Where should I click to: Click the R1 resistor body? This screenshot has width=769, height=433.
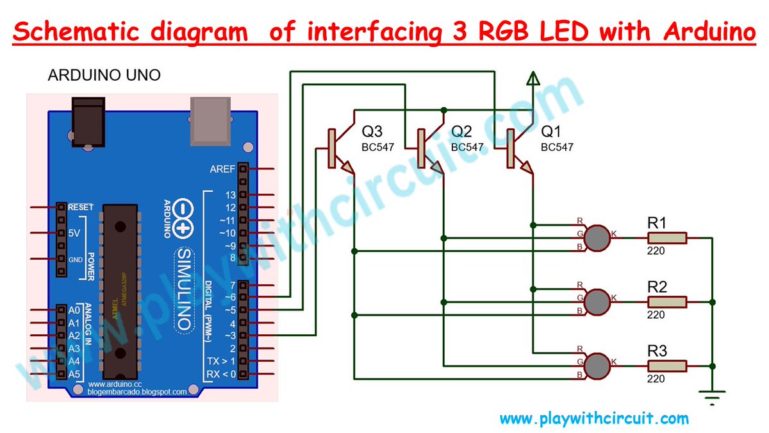coord(667,238)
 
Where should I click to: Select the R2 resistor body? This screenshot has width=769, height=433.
coord(667,301)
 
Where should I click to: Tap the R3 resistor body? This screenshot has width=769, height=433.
coord(667,366)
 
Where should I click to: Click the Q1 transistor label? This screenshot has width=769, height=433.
coord(551,132)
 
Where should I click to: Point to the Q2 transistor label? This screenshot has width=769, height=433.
coord(461,132)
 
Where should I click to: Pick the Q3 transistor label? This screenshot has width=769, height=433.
coord(372,132)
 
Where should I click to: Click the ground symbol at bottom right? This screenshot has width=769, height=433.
coord(711,398)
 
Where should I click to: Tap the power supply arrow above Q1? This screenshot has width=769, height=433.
coord(532,78)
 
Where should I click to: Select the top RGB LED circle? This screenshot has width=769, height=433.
coord(599,238)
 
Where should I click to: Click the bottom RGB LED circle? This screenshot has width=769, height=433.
coord(599,366)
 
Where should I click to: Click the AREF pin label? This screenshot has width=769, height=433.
coord(222,169)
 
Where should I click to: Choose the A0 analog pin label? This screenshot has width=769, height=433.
coord(74,310)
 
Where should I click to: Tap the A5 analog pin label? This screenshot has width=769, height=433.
coord(74,374)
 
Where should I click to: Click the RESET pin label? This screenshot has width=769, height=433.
coord(81,207)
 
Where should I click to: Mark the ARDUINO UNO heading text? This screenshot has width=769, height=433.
coord(104,76)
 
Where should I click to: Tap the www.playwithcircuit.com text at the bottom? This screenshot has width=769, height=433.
coord(594,420)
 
